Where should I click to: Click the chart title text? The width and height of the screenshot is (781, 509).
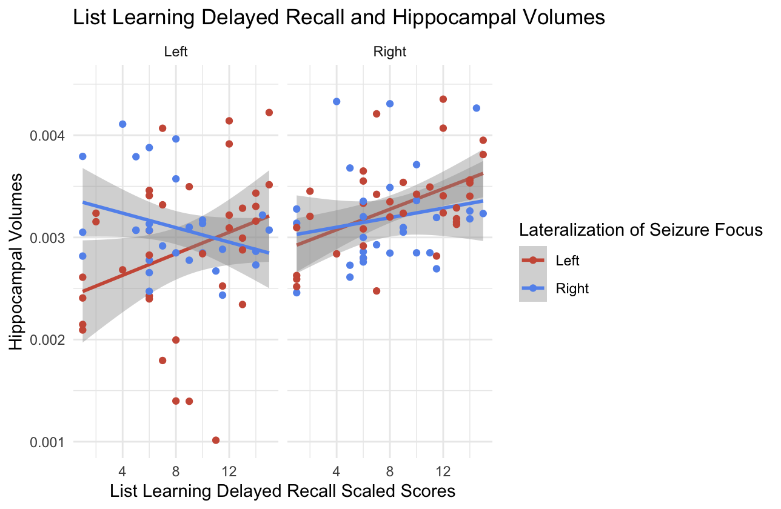tap(338, 18)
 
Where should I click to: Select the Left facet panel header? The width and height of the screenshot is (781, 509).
tap(176, 52)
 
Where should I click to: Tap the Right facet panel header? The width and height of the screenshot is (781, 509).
tap(390, 52)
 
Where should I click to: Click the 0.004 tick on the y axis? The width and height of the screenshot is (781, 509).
tap(49, 136)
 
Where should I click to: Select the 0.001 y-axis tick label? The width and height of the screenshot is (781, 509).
tap(49, 442)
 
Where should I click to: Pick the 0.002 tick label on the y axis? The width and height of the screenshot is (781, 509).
tap(49, 340)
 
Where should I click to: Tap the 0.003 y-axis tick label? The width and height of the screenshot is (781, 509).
tap(49, 238)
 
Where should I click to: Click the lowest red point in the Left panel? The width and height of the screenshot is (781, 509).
tap(216, 440)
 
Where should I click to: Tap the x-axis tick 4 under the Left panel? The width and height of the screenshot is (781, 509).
tap(122, 470)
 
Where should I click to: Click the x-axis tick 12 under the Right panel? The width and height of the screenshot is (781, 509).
tap(443, 470)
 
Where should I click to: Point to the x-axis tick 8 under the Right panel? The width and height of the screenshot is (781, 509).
tap(390, 470)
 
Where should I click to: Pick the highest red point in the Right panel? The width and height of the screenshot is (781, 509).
tap(443, 99)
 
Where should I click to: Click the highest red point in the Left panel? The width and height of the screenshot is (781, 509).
tap(269, 113)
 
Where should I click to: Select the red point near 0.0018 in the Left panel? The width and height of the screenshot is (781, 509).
tap(163, 361)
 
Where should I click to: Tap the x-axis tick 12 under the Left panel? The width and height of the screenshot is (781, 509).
tap(229, 470)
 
